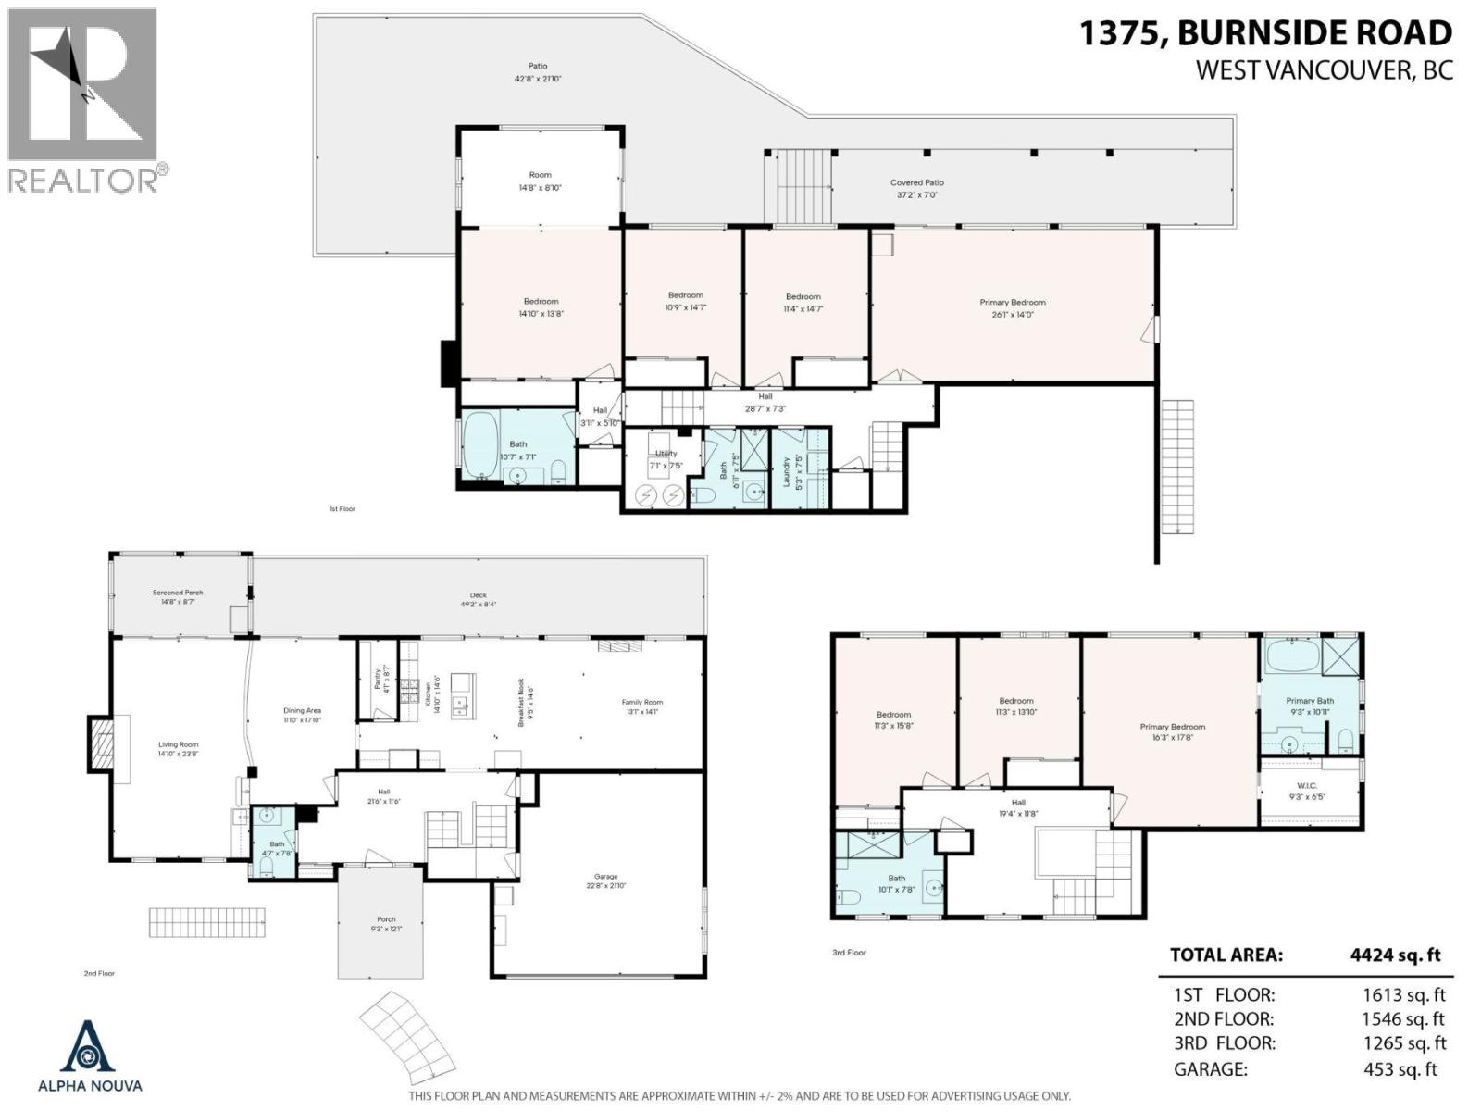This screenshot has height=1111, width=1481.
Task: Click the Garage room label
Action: click(x=605, y=877)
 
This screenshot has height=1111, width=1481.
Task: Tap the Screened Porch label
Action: click(x=178, y=593)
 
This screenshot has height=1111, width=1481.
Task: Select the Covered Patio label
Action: click(x=917, y=183)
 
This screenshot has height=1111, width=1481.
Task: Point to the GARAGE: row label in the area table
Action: click(x=1210, y=1069)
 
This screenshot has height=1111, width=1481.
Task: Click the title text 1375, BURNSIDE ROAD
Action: click(x=1265, y=33)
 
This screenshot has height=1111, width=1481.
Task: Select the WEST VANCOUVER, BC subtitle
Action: click(x=1324, y=70)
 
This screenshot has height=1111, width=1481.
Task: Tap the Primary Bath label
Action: click(x=1310, y=701)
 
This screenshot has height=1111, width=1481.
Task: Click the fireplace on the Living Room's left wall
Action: click(x=101, y=743)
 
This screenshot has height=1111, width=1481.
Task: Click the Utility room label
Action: click(x=666, y=454)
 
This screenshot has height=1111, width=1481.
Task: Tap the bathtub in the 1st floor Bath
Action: click(x=479, y=444)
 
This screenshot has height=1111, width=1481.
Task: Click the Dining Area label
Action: click(x=302, y=711)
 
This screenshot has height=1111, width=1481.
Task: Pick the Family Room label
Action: click(x=641, y=703)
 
